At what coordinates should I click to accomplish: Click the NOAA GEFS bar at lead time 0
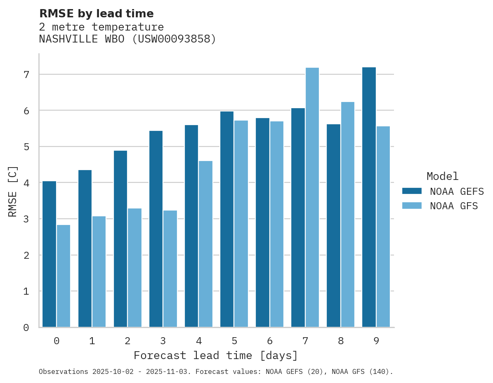click(49, 254)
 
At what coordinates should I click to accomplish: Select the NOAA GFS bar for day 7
click(312, 197)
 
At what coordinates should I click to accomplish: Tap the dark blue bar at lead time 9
click(369, 197)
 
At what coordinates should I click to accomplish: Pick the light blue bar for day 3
click(170, 269)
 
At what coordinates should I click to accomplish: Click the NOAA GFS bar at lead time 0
click(64, 276)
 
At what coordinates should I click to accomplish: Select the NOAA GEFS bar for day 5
click(227, 219)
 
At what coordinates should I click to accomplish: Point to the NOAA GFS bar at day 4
click(205, 244)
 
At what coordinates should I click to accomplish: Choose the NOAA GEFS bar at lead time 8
click(333, 225)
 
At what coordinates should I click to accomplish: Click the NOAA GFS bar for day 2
click(134, 267)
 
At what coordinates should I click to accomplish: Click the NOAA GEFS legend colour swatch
click(412, 191)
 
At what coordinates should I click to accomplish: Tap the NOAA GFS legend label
click(453, 206)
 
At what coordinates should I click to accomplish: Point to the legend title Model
click(442, 176)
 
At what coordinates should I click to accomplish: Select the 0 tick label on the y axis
click(26, 328)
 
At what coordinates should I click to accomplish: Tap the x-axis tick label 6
click(270, 341)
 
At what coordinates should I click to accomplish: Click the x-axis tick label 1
click(92, 341)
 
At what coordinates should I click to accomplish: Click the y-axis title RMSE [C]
click(13, 191)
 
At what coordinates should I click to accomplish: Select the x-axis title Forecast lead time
click(215, 355)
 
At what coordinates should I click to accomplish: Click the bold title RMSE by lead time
click(96, 14)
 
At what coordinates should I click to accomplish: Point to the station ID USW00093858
click(174, 39)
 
